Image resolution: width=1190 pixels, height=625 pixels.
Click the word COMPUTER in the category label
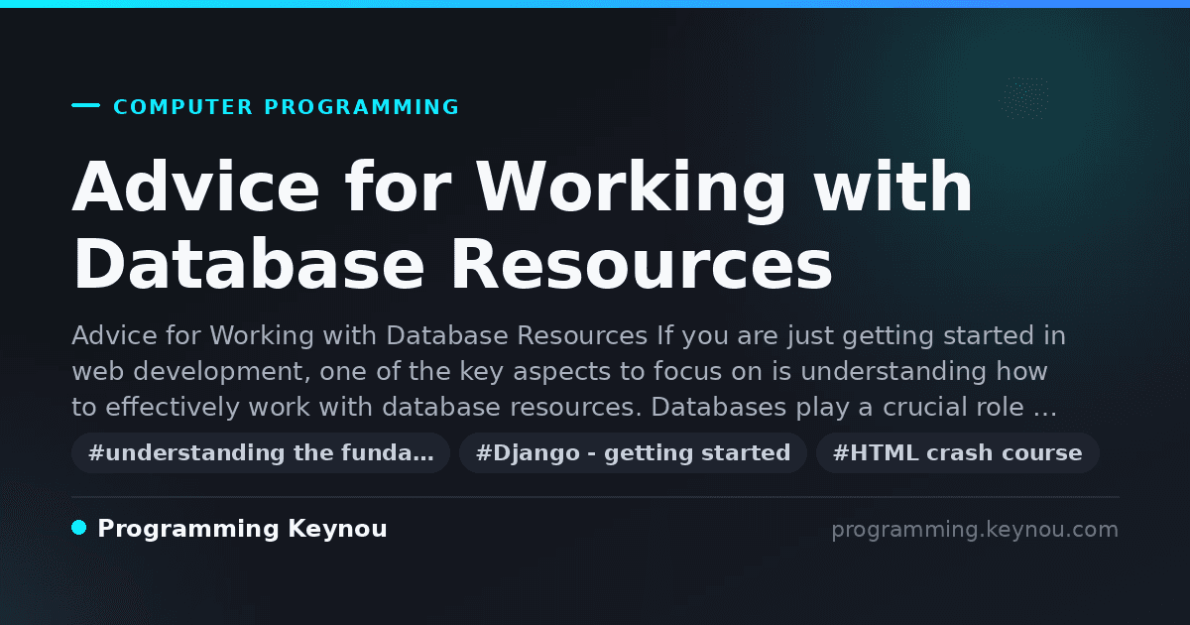coord(182,107)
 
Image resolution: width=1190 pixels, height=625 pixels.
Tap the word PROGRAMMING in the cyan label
coord(361,107)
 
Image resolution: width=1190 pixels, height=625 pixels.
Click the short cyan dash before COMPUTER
coord(85,105)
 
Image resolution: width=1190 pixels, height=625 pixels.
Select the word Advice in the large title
coord(196,187)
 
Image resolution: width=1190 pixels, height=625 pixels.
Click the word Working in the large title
coord(630,190)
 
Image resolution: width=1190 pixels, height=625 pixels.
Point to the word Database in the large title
coord(249,264)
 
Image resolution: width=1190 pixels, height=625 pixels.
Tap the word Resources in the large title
coord(642,264)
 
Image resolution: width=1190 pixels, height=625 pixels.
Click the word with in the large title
coord(893,187)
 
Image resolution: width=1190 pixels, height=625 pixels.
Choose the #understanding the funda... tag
coord(261,452)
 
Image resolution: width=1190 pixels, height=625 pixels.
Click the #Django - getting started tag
coord(633,452)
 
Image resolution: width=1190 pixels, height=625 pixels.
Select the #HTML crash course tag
coord(957,452)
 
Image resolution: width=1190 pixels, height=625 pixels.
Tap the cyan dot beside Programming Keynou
coord(78,528)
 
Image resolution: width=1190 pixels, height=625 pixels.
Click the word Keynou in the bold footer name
coord(337,530)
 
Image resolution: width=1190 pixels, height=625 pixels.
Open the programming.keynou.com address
coord(975,530)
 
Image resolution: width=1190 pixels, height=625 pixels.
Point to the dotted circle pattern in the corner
coord(1023,98)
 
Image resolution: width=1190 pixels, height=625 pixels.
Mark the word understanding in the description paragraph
coord(893,371)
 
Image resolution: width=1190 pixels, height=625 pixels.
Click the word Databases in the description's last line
coord(718,407)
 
